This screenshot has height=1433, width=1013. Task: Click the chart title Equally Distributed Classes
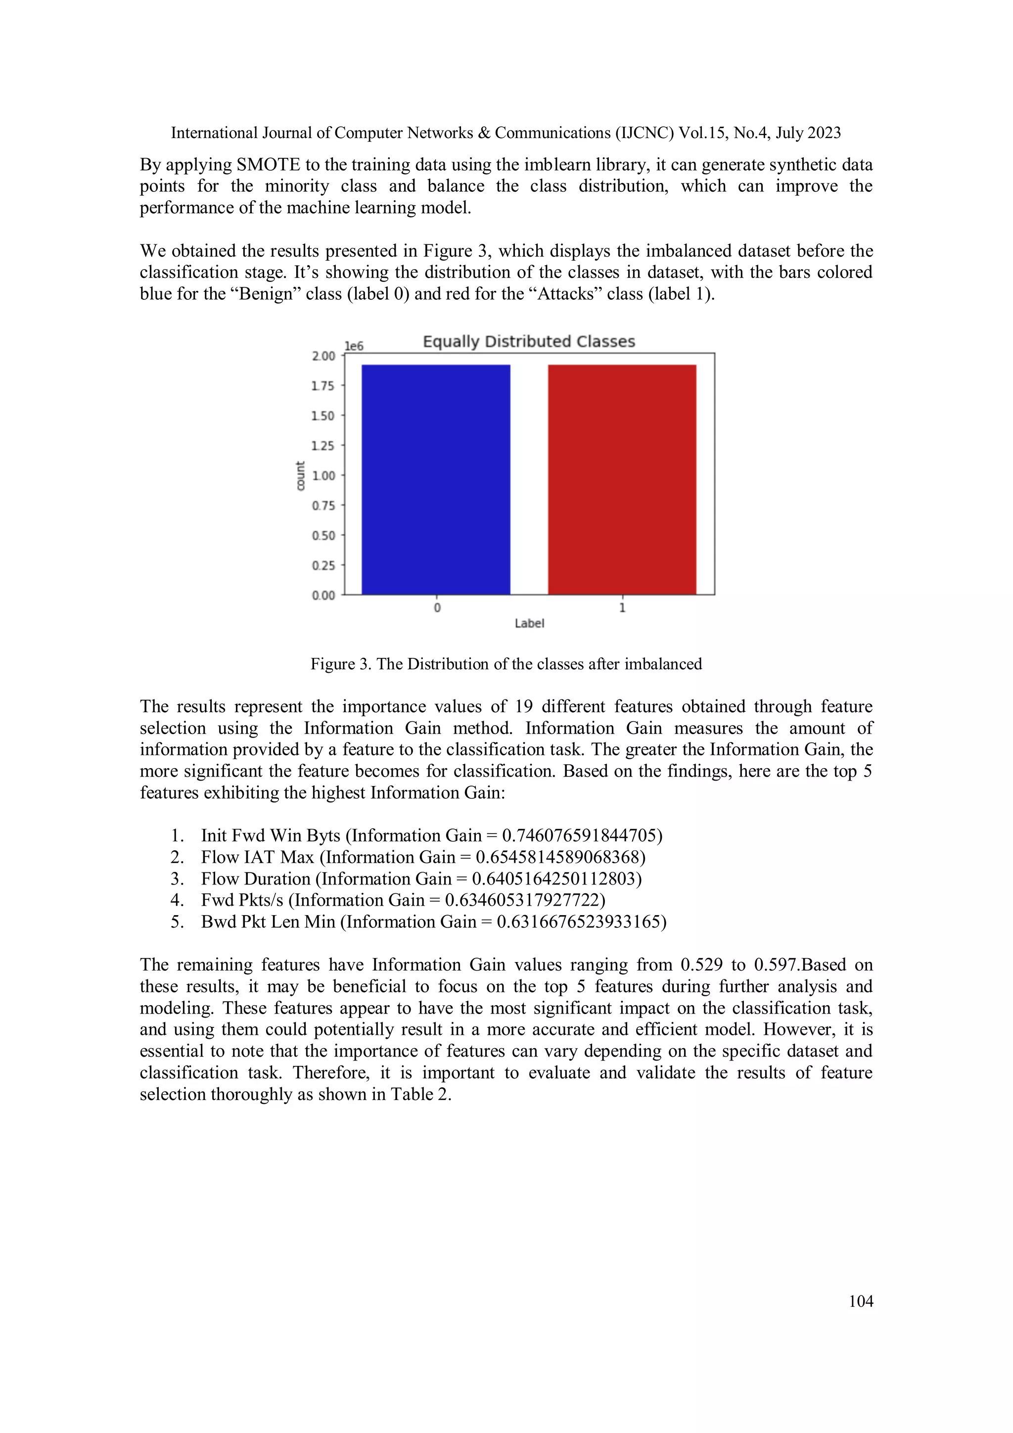tap(529, 341)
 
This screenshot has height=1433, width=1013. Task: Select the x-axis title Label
tap(529, 623)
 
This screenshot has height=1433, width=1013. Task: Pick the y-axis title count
tap(300, 475)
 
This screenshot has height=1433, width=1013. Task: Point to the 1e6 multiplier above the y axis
tap(354, 346)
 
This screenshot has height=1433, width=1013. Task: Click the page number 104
tap(861, 1301)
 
